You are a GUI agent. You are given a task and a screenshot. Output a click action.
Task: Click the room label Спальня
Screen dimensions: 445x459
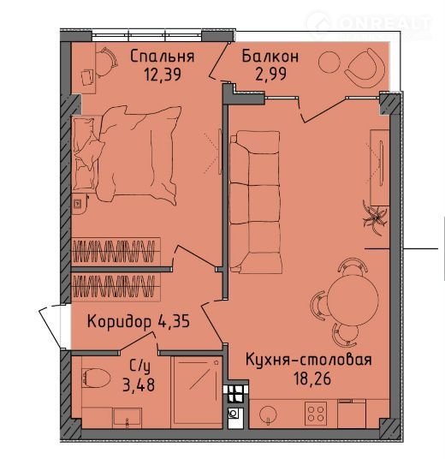pyautogui.click(x=163, y=57)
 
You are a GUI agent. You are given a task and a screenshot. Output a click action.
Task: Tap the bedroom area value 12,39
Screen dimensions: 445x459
pyautogui.click(x=163, y=74)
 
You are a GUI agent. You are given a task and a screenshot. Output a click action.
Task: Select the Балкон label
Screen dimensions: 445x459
pyautogui.click(x=270, y=56)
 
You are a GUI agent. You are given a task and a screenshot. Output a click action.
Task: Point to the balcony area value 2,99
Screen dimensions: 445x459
pyautogui.click(x=270, y=74)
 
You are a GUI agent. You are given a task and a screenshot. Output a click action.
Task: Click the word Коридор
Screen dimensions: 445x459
pyautogui.click(x=119, y=321)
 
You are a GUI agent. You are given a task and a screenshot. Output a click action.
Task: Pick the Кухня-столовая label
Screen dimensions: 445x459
pyautogui.click(x=309, y=359)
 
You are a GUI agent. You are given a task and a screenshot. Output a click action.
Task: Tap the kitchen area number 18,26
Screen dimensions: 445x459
pyautogui.click(x=312, y=379)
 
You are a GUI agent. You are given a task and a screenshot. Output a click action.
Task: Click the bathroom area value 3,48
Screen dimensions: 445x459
pyautogui.click(x=139, y=384)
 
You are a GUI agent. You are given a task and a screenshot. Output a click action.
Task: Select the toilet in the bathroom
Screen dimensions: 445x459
pyautogui.click(x=96, y=378)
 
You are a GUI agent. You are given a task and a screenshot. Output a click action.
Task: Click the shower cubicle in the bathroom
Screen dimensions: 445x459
pyautogui.click(x=196, y=390)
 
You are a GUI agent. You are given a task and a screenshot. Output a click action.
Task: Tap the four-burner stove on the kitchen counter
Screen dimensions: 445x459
pyautogui.click(x=316, y=413)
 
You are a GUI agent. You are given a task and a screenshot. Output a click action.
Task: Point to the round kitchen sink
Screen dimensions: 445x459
pyautogui.click(x=268, y=414)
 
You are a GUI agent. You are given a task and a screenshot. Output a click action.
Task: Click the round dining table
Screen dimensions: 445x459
pyautogui.click(x=353, y=301)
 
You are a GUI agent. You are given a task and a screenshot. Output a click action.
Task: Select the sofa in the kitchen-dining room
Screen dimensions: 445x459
pyautogui.click(x=255, y=202)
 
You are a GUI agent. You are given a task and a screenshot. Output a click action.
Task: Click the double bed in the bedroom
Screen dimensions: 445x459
pyautogui.click(x=127, y=154)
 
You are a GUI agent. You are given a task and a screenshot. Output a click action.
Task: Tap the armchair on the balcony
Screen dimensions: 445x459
pyautogui.click(x=365, y=68)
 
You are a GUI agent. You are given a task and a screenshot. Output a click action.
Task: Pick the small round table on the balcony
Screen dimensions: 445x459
pyautogui.click(x=329, y=63)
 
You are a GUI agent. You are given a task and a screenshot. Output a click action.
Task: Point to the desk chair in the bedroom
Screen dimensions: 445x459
pyautogui.click(x=106, y=63)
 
